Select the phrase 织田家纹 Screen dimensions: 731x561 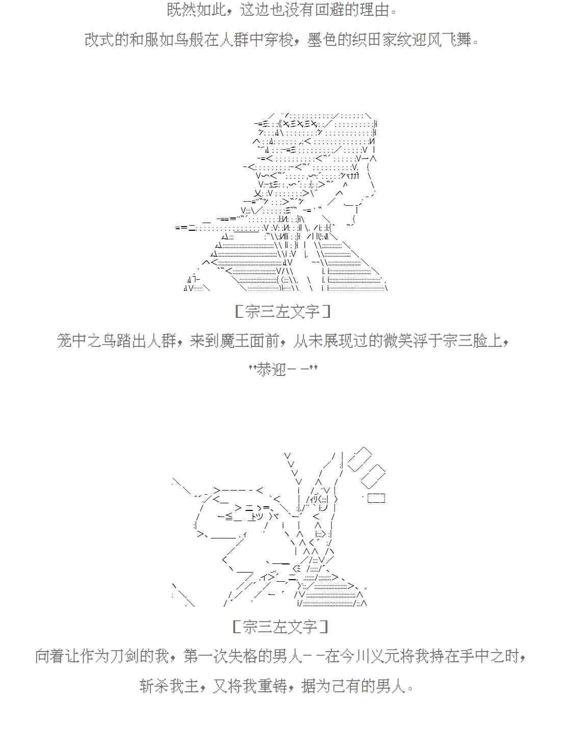click(x=381, y=39)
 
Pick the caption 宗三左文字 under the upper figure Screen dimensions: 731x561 click(x=282, y=312)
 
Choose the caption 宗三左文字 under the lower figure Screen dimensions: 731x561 click(x=280, y=626)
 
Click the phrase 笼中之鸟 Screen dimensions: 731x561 click(x=87, y=340)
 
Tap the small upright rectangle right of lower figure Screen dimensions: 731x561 click(x=376, y=498)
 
